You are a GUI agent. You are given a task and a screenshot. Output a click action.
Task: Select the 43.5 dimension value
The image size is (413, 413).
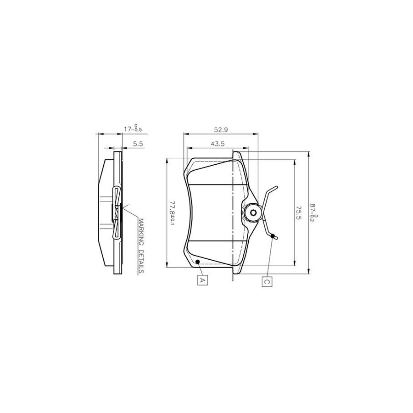[217, 144]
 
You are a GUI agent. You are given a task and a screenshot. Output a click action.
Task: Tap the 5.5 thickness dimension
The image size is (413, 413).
[138, 144]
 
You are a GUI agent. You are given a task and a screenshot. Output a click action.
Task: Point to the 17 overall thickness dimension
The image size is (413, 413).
[133, 129]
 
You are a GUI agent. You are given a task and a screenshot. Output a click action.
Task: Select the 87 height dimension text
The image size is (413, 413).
[315, 212]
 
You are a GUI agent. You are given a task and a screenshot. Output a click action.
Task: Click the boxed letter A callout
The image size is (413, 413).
[201, 279]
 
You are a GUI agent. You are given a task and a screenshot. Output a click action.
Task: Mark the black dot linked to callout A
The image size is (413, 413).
[197, 262]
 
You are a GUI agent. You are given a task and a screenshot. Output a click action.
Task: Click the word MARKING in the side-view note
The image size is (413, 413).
[141, 233]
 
